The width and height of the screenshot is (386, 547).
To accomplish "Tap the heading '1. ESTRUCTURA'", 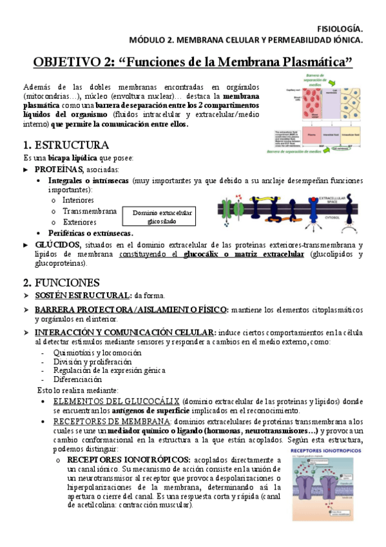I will pyautogui.click(x=66, y=144).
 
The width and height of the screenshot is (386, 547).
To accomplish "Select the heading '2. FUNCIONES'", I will pyautogui.click(x=61, y=283).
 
